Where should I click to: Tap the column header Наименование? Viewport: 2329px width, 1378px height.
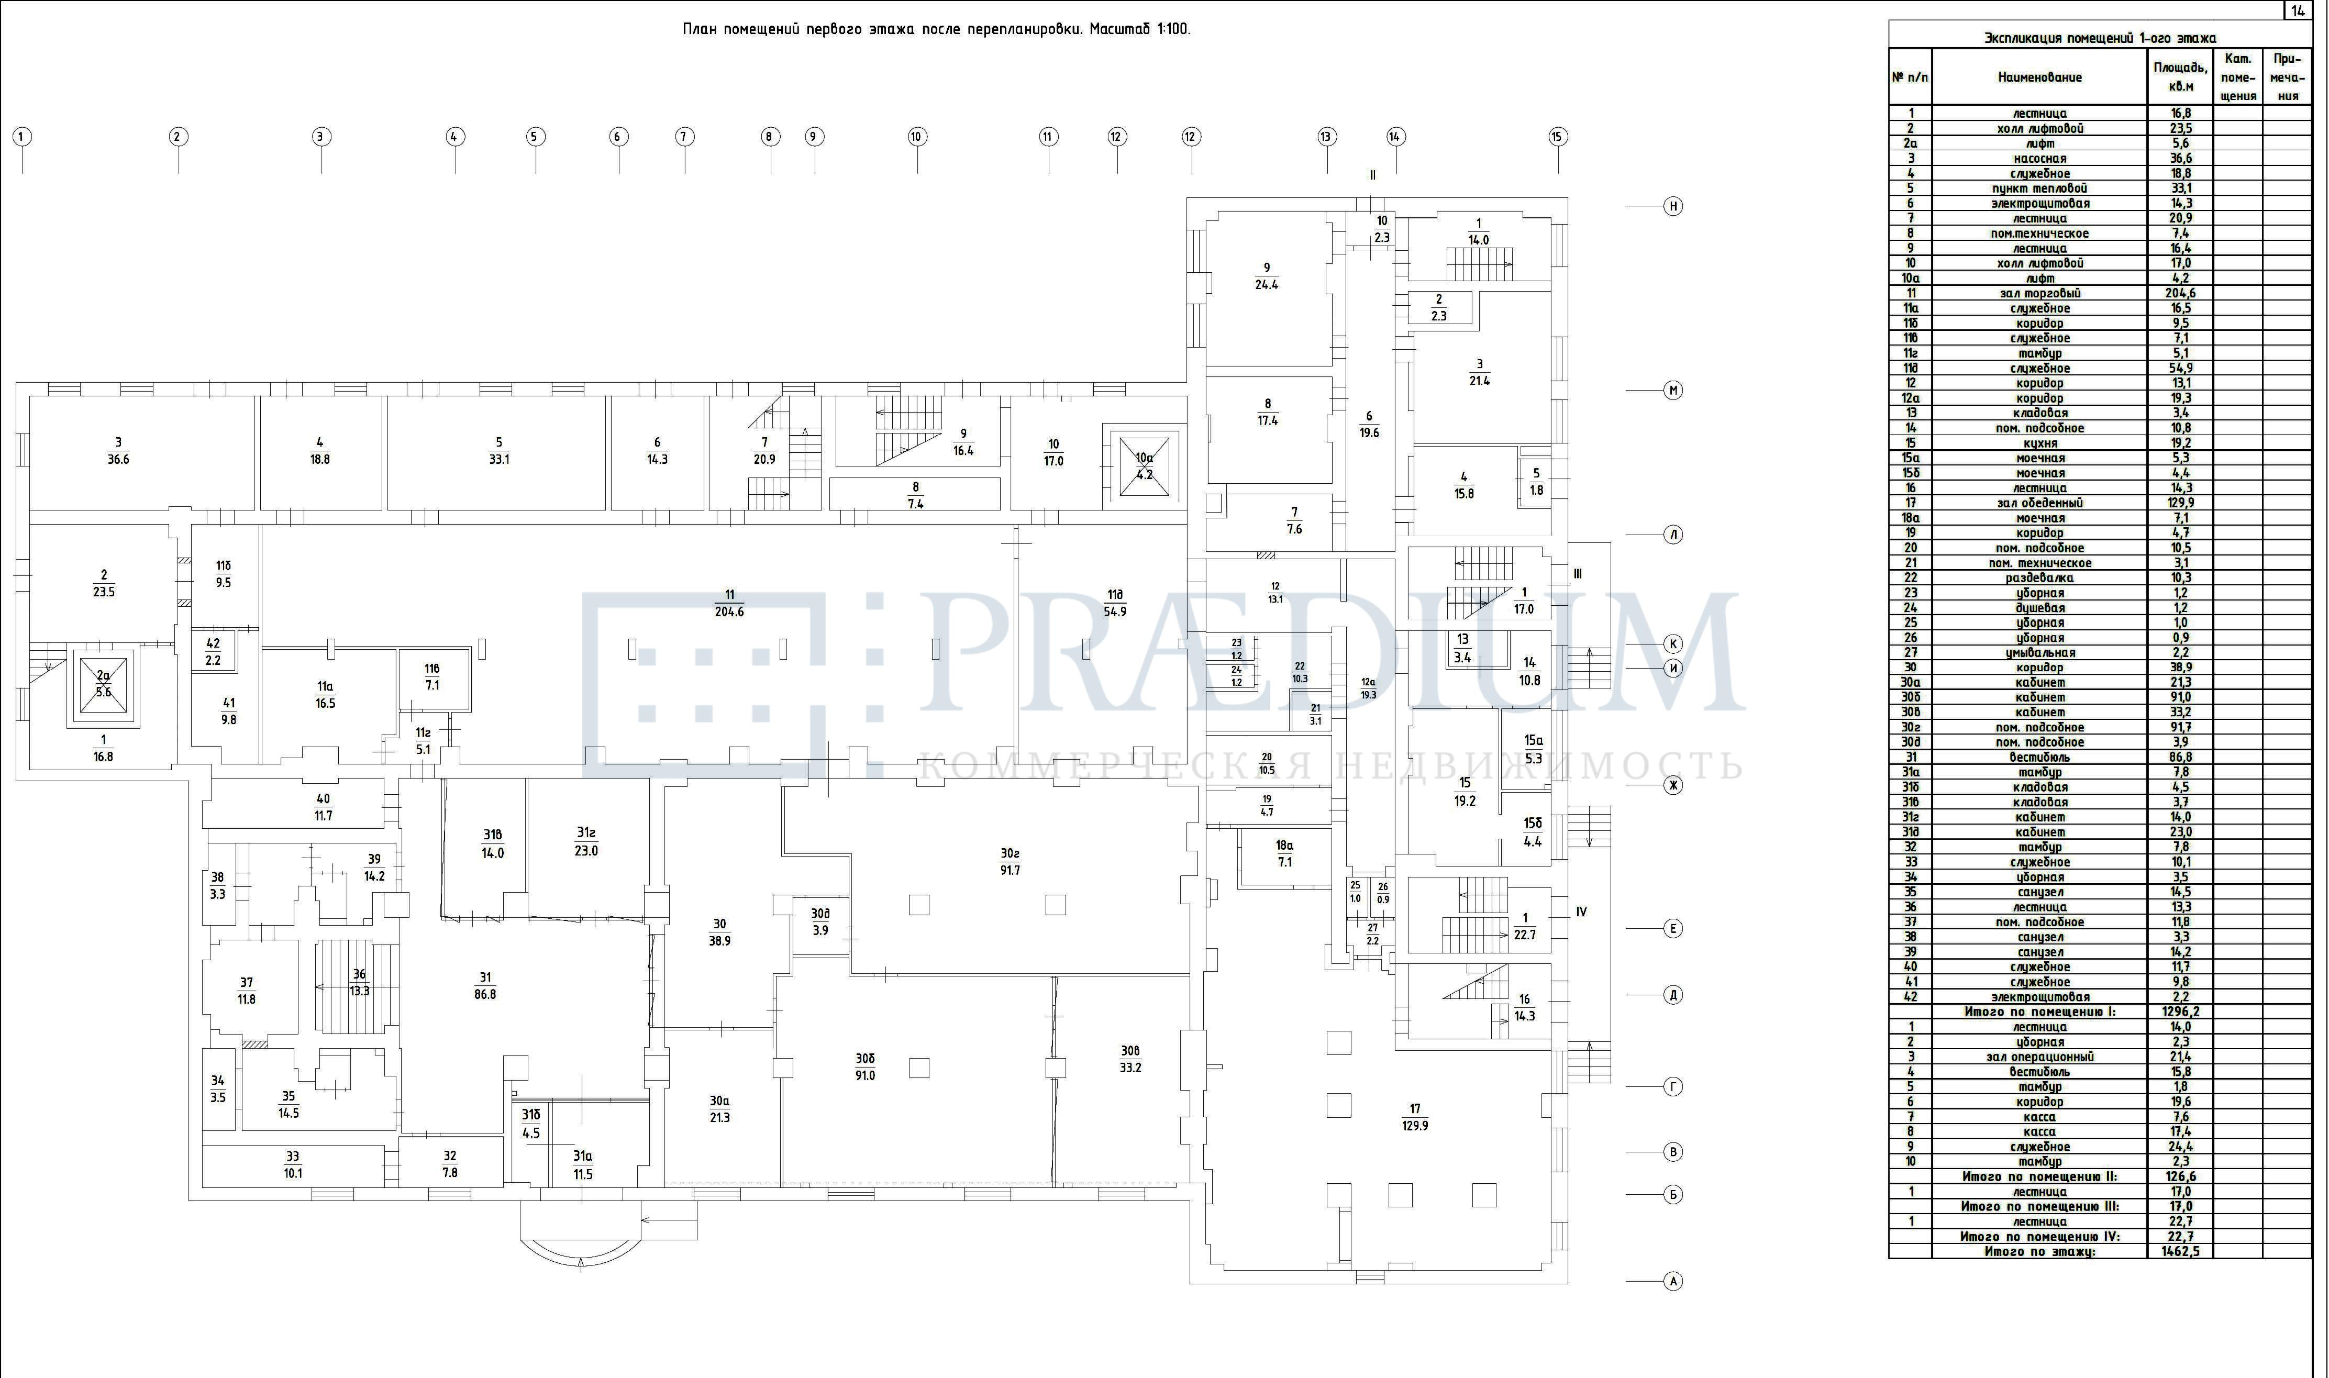tap(2039, 77)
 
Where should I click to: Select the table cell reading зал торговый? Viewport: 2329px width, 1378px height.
tap(2039, 293)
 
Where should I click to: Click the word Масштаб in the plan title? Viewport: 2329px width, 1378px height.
tap(1119, 29)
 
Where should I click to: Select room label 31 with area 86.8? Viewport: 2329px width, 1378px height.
tap(485, 985)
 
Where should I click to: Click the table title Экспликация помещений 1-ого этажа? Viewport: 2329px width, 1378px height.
tap(2100, 38)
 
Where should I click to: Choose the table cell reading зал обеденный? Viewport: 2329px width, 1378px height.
tap(2039, 503)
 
